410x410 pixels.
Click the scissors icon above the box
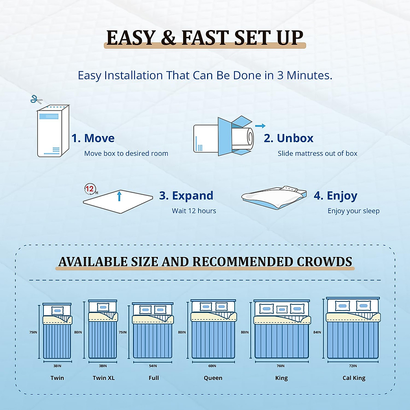[x=36, y=99]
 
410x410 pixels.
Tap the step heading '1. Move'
[x=93, y=138]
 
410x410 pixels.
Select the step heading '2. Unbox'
[x=288, y=138]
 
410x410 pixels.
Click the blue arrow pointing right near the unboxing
[x=260, y=126]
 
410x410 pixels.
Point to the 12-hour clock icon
[x=90, y=189]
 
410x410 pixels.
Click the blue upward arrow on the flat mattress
[x=119, y=196]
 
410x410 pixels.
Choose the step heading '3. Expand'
[x=186, y=195]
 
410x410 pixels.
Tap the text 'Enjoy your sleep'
[x=353, y=211]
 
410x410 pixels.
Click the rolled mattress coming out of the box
[x=243, y=139]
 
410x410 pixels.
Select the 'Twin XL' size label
[x=104, y=378]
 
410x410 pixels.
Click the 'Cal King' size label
[x=354, y=378]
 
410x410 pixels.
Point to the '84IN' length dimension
[x=317, y=332]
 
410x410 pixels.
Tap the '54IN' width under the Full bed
[x=153, y=366]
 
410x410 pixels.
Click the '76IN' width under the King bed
[x=281, y=366]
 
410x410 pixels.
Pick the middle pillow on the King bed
[x=282, y=310]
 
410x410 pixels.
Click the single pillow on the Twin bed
[x=57, y=311]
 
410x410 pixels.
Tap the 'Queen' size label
[x=213, y=378]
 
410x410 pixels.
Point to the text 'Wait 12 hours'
[x=194, y=211]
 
